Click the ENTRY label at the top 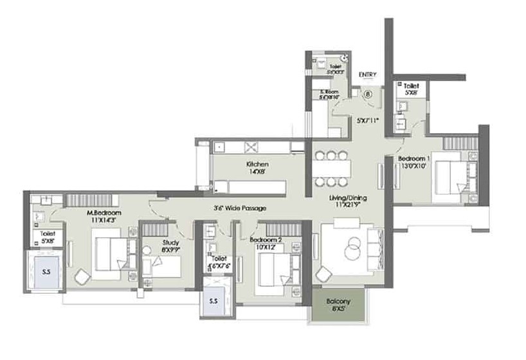click(368, 75)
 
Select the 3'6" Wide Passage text click(240, 208)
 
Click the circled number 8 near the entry click(368, 93)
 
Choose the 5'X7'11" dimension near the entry click(368, 120)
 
